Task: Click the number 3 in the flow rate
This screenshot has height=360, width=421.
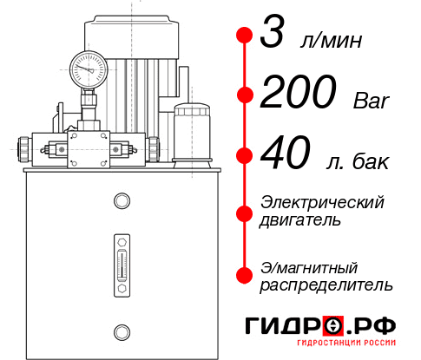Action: click(x=275, y=37)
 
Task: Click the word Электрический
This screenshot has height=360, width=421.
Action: click(x=322, y=202)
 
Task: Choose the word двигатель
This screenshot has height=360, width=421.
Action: click(x=300, y=220)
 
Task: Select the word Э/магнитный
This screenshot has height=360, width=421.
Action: click(x=310, y=266)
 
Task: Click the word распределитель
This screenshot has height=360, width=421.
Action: click(x=326, y=285)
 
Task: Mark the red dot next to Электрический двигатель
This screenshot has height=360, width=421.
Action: click(x=245, y=212)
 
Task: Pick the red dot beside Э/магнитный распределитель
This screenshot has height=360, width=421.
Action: click(x=245, y=274)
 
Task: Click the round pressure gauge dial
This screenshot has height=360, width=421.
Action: click(x=89, y=67)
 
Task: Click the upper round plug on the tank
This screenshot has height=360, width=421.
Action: click(x=121, y=201)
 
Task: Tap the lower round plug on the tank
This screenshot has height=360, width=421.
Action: click(x=121, y=331)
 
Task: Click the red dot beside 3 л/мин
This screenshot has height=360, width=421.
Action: click(x=245, y=36)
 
